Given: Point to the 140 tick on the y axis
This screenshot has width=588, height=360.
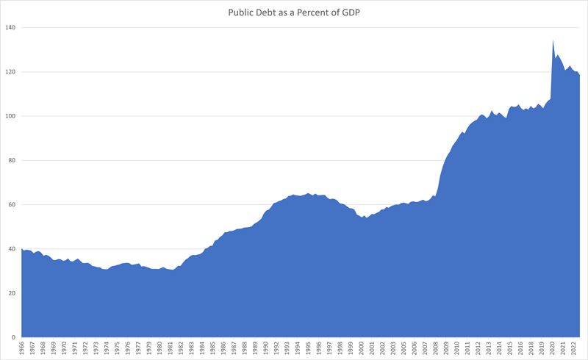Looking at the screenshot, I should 11,28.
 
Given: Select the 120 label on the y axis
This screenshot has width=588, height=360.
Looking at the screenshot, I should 11,72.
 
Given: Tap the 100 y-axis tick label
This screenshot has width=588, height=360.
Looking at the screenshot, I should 11,116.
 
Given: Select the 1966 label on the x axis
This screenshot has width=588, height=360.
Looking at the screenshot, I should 22,348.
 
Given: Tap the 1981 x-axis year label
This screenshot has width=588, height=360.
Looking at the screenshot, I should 171,348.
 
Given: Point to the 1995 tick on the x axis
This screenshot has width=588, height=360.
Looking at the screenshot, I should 309,348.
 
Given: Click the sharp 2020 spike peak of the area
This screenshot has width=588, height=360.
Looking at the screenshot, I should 553,40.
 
